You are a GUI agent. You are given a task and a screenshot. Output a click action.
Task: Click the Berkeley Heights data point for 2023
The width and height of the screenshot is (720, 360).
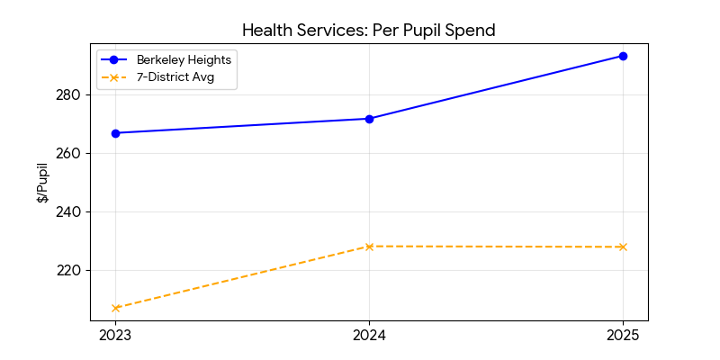(115, 133)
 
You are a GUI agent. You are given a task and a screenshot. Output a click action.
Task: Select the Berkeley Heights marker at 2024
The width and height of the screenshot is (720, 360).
(369, 119)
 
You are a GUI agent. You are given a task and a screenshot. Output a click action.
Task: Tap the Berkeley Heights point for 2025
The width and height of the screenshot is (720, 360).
(623, 56)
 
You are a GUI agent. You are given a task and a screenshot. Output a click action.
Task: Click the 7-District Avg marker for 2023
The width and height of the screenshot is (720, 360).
(115, 308)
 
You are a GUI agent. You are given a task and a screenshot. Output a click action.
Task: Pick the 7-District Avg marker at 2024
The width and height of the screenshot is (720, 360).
(369, 247)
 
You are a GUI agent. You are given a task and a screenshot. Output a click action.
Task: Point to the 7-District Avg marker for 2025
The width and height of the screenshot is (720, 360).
(623, 247)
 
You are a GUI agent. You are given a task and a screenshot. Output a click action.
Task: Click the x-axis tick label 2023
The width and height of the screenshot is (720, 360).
(115, 336)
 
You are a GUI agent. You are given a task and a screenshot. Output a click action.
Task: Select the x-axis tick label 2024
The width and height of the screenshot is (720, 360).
(369, 336)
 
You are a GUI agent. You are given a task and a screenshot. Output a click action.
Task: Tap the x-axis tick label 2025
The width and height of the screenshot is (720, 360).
(623, 336)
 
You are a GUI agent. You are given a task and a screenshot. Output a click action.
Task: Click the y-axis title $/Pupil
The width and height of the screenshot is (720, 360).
(42, 183)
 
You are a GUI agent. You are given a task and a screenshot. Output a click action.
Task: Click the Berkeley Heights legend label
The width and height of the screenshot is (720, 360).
(184, 60)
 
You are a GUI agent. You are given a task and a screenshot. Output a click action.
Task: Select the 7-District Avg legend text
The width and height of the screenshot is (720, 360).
(175, 77)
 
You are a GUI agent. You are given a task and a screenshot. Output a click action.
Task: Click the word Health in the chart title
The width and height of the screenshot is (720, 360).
(266, 31)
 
